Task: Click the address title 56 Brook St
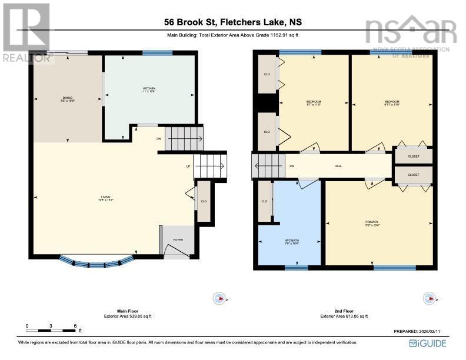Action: [233, 23]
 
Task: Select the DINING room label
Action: [68, 99]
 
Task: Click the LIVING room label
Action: [105, 198]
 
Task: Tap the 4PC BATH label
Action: [288, 242]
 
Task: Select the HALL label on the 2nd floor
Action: [338, 166]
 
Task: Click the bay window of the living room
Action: [96, 261]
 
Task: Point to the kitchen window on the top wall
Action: [154, 54]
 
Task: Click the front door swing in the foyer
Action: [174, 251]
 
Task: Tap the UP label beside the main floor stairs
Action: [188, 166]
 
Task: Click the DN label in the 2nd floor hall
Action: [291, 166]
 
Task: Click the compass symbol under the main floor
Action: [219, 299]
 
